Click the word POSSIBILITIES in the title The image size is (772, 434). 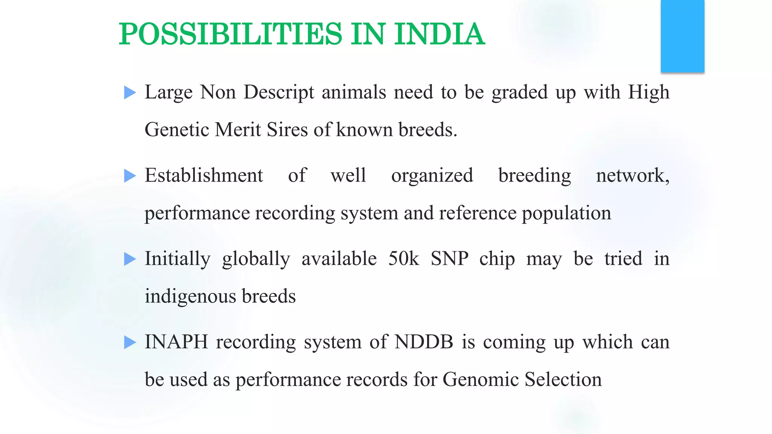click(x=230, y=34)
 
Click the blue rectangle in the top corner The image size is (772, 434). click(x=682, y=36)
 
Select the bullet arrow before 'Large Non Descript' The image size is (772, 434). click(x=130, y=93)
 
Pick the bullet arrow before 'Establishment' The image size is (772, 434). click(x=130, y=176)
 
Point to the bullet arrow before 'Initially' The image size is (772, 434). click(x=130, y=259)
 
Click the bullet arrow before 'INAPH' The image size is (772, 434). click(x=130, y=342)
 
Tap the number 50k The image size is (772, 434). click(x=403, y=259)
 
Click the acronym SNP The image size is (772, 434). click(x=449, y=259)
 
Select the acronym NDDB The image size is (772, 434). click(x=424, y=342)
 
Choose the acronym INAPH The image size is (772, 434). click(x=176, y=342)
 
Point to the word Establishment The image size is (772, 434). click(x=204, y=176)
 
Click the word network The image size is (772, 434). click(x=632, y=176)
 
